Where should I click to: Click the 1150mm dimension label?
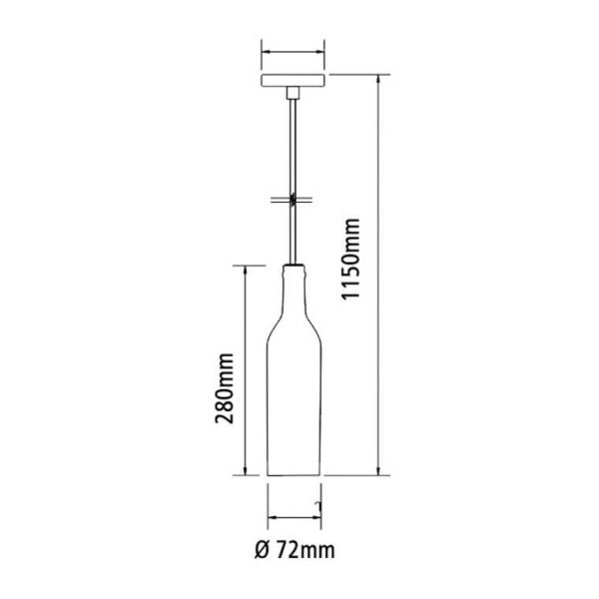[x=350, y=260]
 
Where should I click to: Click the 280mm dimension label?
[x=224, y=388]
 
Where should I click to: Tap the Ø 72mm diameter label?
[x=295, y=550]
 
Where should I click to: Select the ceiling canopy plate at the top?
[x=293, y=81]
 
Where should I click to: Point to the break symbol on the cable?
[x=293, y=200]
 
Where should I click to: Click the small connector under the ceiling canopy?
[x=293, y=93]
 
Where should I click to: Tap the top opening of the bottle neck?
[x=294, y=265]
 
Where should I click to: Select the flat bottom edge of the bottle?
[x=294, y=475]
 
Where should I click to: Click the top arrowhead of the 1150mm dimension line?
[x=378, y=78]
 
